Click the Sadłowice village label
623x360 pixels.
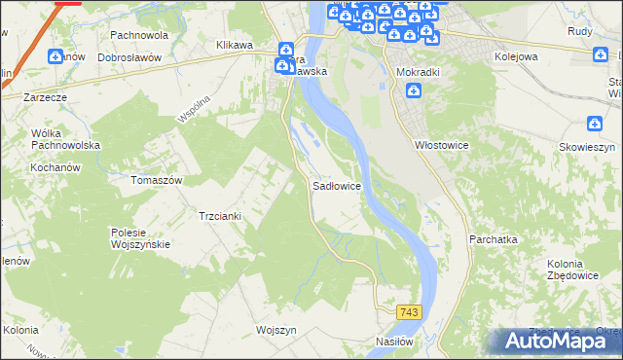[339, 185]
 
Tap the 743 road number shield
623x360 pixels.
[409, 310]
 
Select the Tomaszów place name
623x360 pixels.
[157, 180]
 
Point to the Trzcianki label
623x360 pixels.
[219, 215]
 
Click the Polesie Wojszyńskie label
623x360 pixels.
[141, 237]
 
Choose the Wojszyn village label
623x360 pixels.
[275, 329]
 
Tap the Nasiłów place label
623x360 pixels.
[396, 342]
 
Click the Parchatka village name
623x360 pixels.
[493, 238]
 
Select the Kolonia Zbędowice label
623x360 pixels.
[551, 271]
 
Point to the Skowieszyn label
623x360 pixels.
[588, 145]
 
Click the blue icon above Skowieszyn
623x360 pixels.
[595, 124]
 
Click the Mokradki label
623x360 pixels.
[419, 72]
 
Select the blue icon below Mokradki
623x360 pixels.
[414, 91]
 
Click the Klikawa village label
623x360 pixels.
[235, 45]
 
